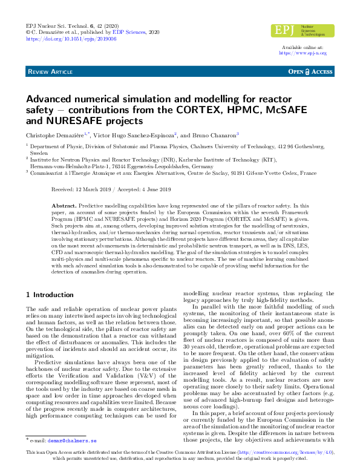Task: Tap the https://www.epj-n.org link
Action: click(x=302, y=53)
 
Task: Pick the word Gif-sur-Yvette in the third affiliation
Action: click(x=258, y=173)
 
